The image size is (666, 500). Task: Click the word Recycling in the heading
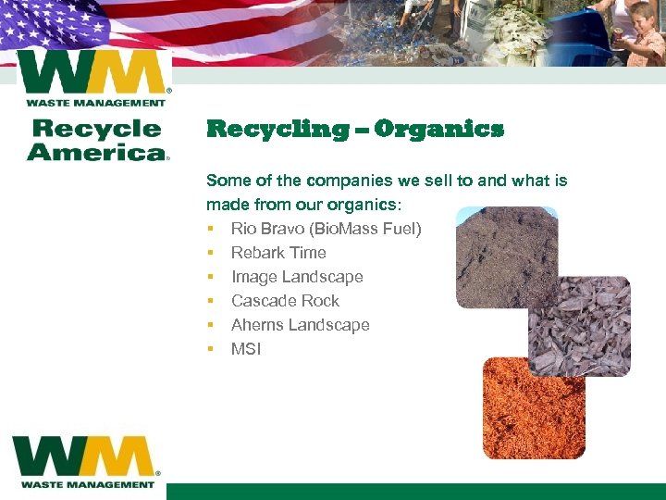tap(277, 129)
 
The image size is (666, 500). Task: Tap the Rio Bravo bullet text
tap(326, 229)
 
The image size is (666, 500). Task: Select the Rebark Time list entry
tap(278, 253)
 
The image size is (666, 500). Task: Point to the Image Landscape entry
tap(297, 277)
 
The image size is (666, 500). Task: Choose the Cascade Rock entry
tap(285, 301)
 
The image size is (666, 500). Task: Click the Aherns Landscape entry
tap(300, 325)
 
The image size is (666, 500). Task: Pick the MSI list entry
tap(246, 349)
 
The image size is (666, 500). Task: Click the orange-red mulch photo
tap(534, 407)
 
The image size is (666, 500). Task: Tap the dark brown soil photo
tap(507, 257)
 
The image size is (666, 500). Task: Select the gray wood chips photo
tap(579, 326)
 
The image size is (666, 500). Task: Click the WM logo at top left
tap(92, 78)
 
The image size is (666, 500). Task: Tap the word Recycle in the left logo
tap(94, 129)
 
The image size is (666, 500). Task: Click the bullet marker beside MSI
tap(211, 349)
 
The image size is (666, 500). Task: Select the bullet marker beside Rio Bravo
tap(211, 229)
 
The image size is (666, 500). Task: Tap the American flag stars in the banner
tap(37, 23)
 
